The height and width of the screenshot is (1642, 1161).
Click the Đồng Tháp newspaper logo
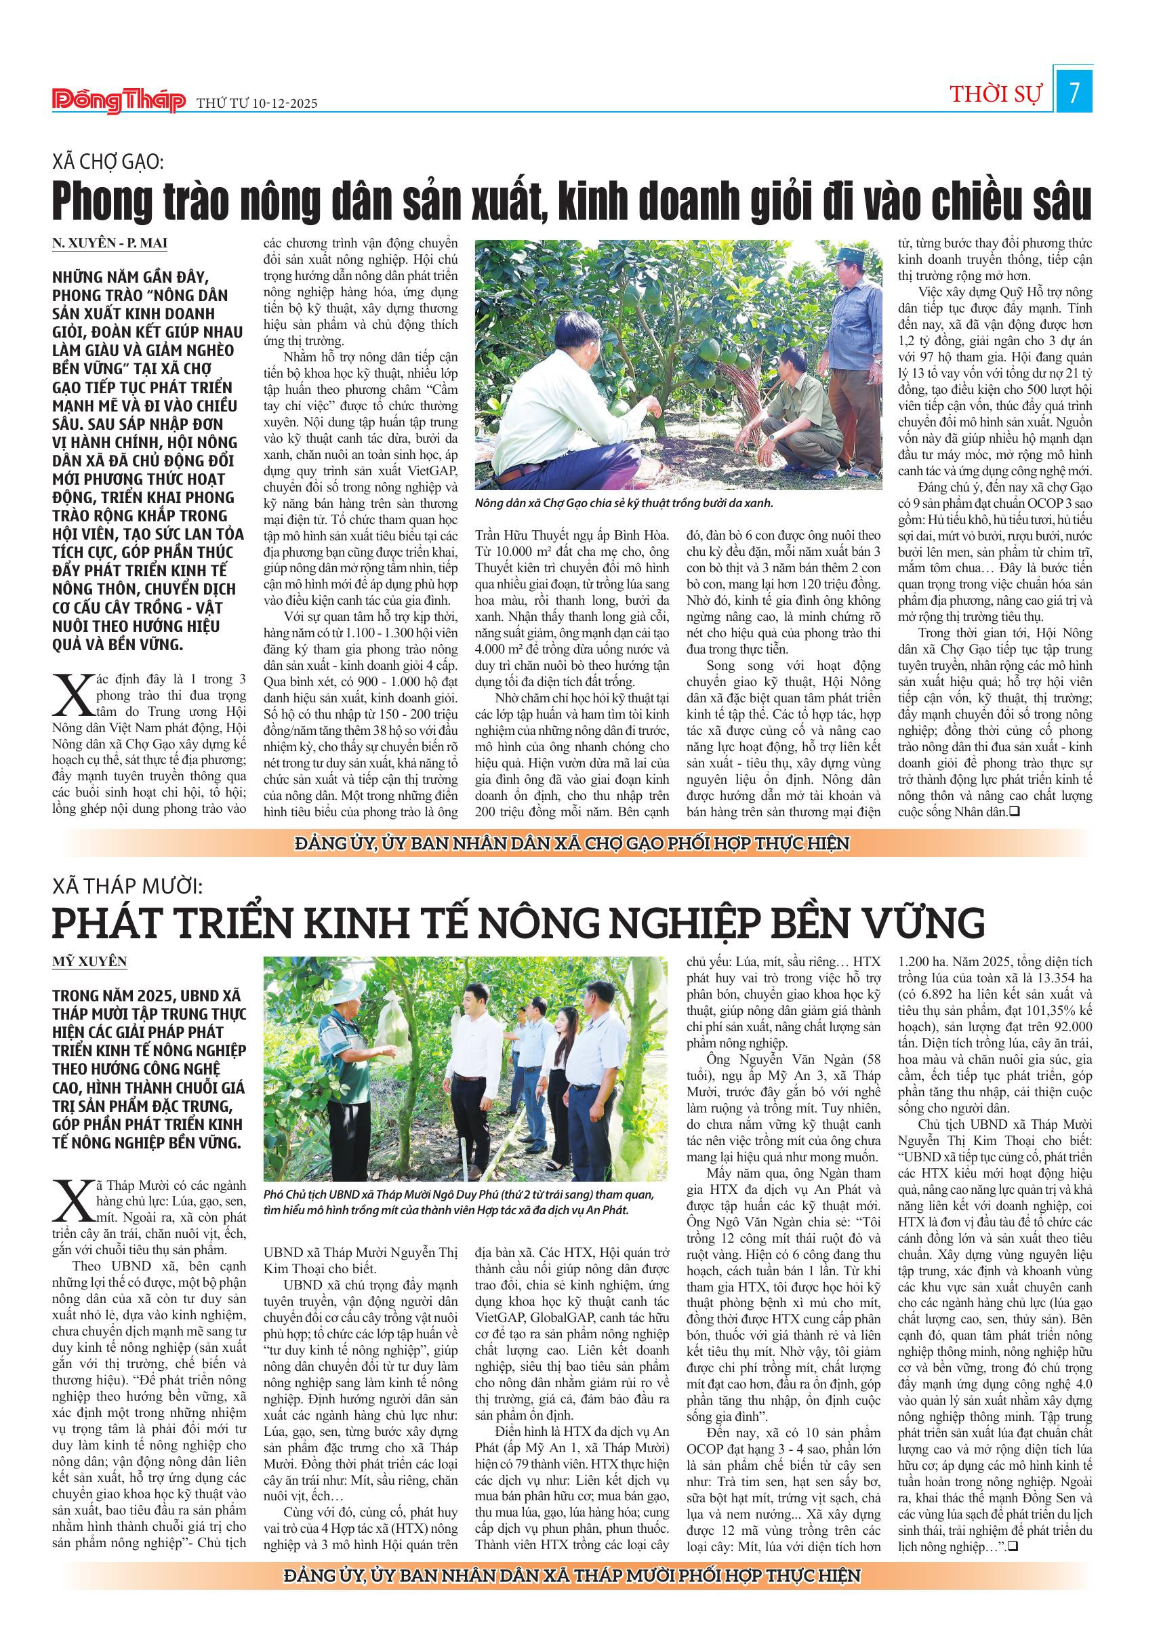pyautogui.click(x=119, y=101)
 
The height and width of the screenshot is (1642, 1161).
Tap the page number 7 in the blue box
pyautogui.click(x=1073, y=94)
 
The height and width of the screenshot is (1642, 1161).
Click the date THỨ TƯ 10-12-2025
pyautogui.click(x=257, y=104)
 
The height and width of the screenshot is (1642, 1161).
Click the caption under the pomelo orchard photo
pyautogui.click(x=624, y=503)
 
